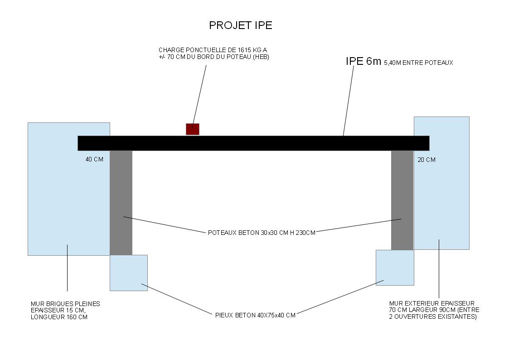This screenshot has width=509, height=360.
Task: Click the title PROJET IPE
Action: click(240, 25)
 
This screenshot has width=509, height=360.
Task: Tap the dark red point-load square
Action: click(193, 129)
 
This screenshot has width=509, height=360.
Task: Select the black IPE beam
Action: click(253, 143)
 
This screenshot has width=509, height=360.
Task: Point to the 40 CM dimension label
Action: click(94, 160)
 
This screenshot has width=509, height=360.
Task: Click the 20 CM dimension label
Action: click(426, 160)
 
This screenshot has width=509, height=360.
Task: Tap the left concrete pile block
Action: click(129, 272)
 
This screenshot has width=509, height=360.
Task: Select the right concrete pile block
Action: click(395, 268)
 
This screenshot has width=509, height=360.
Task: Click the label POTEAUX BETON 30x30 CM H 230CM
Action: click(262, 233)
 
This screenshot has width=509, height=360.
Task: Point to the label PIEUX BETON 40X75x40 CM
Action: click(255, 315)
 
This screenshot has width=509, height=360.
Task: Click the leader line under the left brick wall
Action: click(68, 268)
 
